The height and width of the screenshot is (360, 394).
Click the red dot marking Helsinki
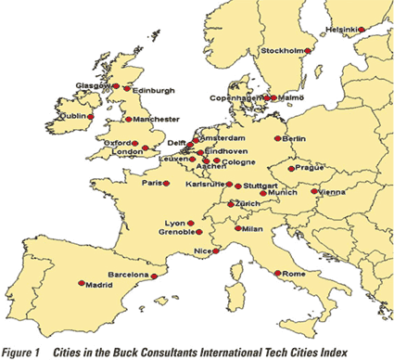362,29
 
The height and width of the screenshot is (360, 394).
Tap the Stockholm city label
283,50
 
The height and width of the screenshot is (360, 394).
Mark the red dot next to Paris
167,183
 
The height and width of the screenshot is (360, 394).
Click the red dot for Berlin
276,137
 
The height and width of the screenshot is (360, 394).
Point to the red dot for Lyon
191,224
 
